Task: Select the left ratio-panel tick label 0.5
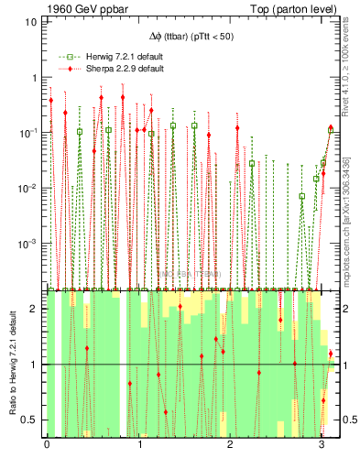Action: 29,420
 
